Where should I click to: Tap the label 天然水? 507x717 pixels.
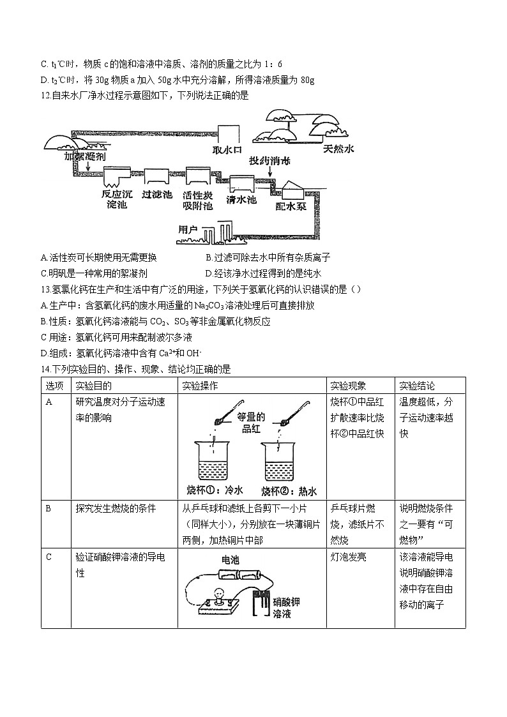click(x=338, y=149)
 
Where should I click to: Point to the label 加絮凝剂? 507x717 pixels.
click(x=85, y=156)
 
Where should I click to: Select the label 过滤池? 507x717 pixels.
click(x=157, y=194)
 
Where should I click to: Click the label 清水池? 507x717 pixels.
click(x=241, y=199)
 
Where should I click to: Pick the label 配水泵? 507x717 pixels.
click(x=291, y=206)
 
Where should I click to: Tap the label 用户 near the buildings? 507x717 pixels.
click(x=188, y=229)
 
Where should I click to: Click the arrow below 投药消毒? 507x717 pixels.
click(x=269, y=172)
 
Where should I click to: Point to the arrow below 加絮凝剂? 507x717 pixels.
click(x=87, y=167)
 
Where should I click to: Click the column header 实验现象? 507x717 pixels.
click(x=349, y=386)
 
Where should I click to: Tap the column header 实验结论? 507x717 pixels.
click(x=417, y=386)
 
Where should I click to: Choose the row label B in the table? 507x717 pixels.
click(x=49, y=508)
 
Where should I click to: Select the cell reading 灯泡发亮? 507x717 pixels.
click(x=349, y=557)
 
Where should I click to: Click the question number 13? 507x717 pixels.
click(x=45, y=289)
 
